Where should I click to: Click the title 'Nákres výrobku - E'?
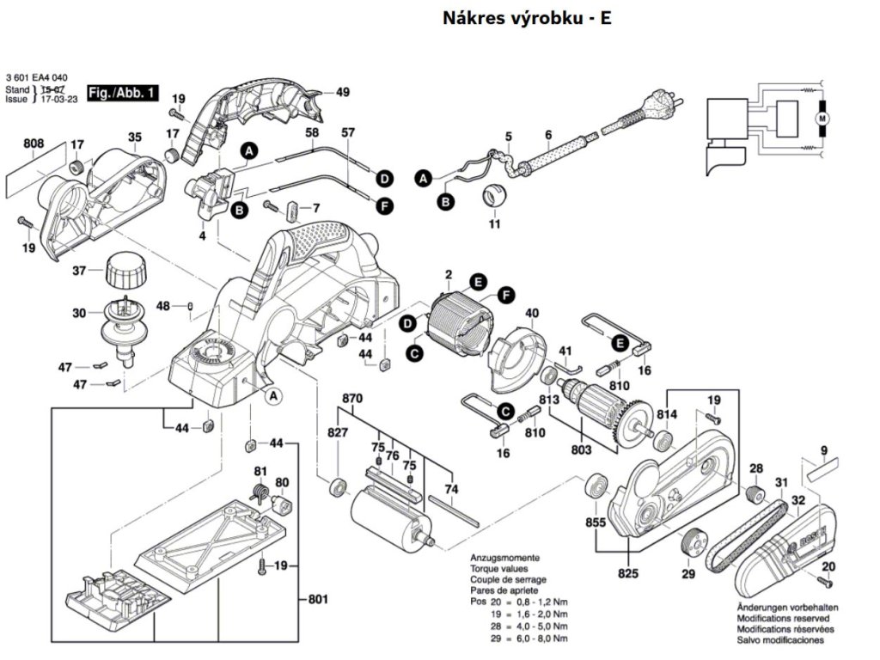coord(527,18)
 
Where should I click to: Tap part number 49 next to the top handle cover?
coord(343,93)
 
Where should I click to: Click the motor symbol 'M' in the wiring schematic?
coord(820,116)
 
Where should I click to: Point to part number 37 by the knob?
coord(79,271)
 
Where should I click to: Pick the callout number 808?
coord(34,144)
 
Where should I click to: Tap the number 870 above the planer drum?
coord(352,399)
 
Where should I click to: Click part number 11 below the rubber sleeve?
coord(494,225)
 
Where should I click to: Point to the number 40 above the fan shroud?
coord(532,313)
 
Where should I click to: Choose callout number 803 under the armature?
coord(582,449)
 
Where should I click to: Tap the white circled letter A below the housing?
coord(273,395)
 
